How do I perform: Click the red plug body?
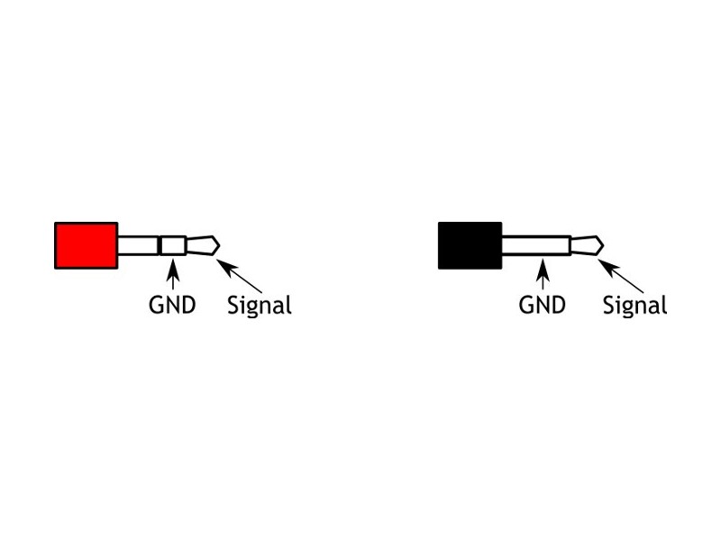click(x=87, y=245)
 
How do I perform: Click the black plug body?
click(x=470, y=245)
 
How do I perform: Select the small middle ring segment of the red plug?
click(x=173, y=245)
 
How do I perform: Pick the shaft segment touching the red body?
click(x=139, y=245)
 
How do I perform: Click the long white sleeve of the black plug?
click(x=536, y=245)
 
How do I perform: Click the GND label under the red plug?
click(x=172, y=305)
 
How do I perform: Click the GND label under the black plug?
click(x=543, y=305)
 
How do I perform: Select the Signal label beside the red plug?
click(x=260, y=306)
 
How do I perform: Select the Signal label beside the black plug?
click(x=635, y=306)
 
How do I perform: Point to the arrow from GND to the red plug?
click(x=173, y=275)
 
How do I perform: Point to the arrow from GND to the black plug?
click(x=543, y=275)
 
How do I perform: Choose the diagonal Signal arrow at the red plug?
click(x=239, y=277)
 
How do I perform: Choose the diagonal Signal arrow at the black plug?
click(x=621, y=277)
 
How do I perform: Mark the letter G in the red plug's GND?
click(x=156, y=305)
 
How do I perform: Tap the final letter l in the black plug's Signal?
click(x=665, y=305)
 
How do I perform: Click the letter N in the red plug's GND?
click(x=173, y=305)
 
